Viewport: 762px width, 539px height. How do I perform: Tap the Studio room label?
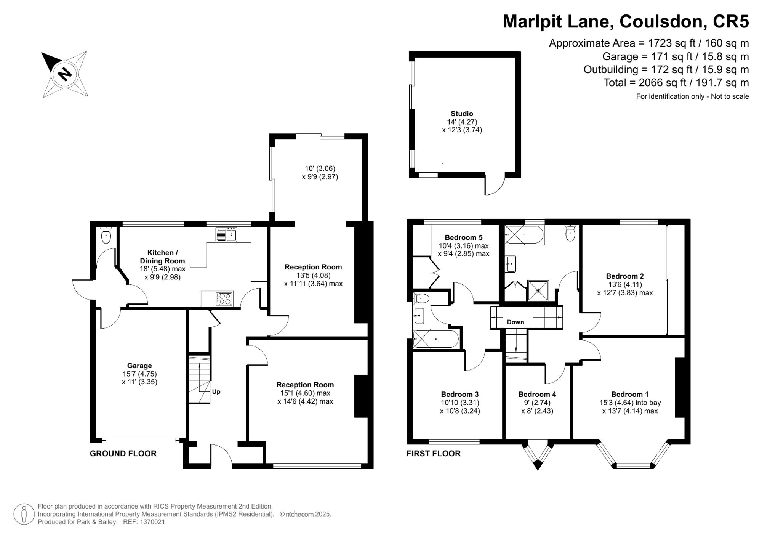pos(462,114)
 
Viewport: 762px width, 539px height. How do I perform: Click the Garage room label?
pos(139,366)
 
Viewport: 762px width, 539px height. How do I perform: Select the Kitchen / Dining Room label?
pos(162,257)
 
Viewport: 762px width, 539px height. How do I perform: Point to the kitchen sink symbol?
pos(226,234)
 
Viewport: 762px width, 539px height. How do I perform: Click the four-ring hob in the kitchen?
pos(224,298)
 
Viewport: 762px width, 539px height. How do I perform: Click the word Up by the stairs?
pos(216,391)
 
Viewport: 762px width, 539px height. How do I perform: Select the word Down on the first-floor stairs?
pos(515,322)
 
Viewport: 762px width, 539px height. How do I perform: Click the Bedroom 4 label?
pos(537,394)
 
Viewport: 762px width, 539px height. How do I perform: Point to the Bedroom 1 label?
pos(630,394)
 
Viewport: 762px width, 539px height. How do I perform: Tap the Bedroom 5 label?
pos(463,237)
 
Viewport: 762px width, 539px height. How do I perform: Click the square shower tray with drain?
pos(538,290)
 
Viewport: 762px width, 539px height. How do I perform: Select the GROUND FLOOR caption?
pos(123,453)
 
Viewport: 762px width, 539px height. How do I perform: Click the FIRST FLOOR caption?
pos(434,453)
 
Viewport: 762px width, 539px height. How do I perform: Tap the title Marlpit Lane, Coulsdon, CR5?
pos(626,21)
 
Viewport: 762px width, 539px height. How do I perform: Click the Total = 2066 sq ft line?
pos(676,82)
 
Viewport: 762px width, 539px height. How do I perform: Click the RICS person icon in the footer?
pos(24,514)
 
